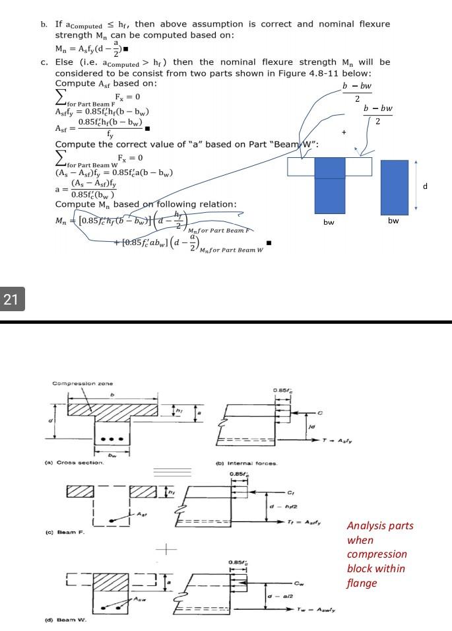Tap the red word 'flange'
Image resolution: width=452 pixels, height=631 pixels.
tap(362, 583)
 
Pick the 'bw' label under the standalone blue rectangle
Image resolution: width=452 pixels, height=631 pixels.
tap(393, 220)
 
